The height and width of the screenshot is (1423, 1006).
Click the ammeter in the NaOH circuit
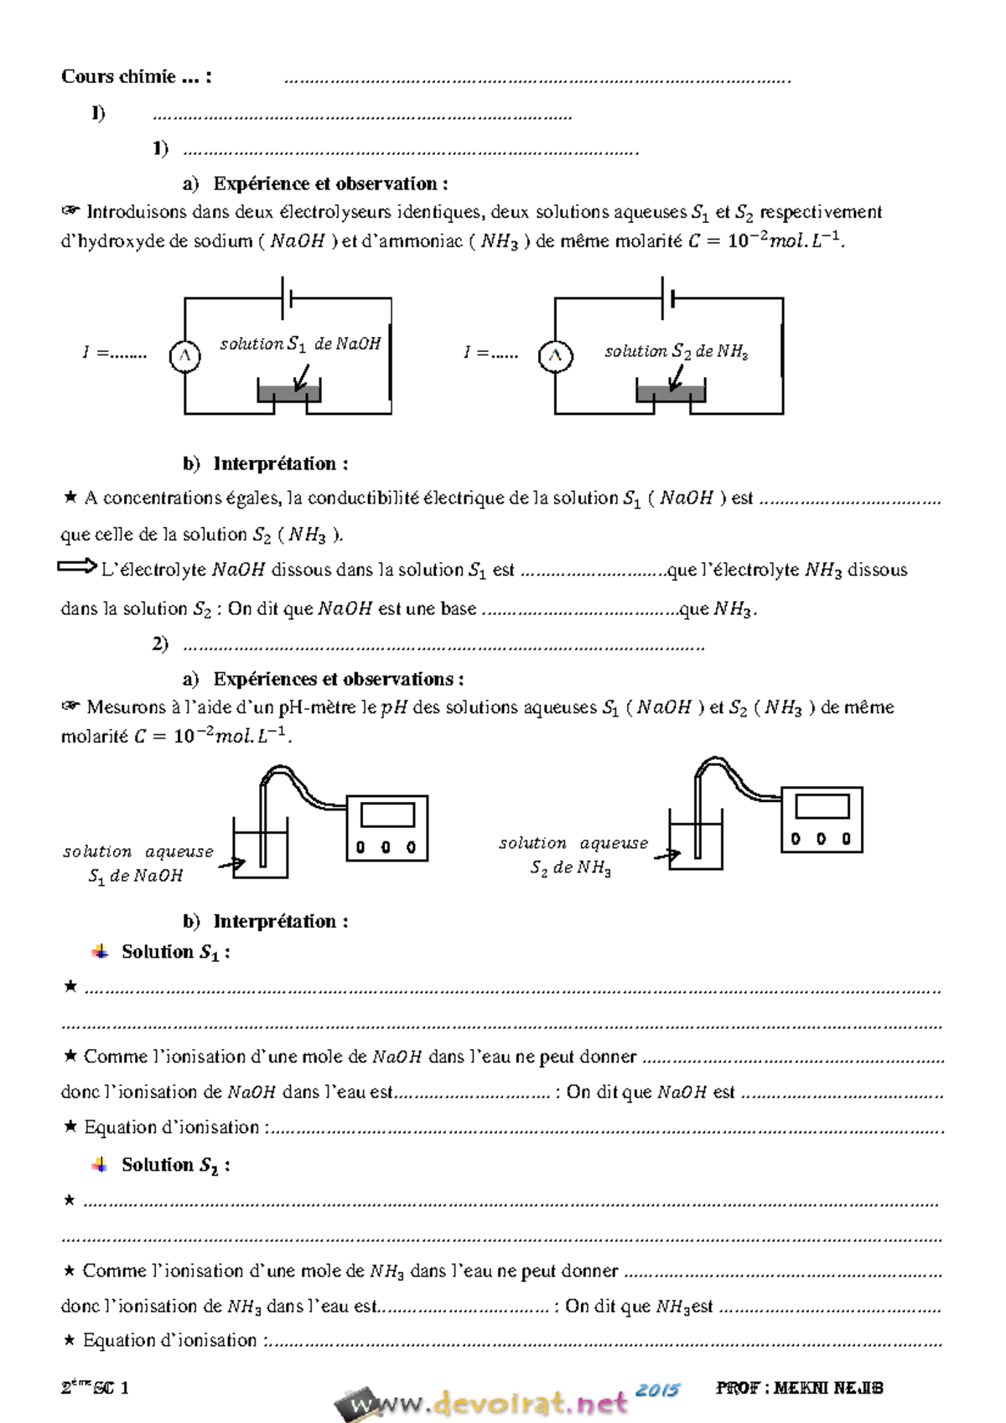pos(184,356)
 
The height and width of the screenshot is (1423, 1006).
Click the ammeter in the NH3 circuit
pos(555,356)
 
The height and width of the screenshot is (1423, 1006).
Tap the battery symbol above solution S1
pos(286,298)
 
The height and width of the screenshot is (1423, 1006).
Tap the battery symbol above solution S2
pos(667,298)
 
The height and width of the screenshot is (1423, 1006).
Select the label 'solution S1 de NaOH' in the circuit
pos(300,344)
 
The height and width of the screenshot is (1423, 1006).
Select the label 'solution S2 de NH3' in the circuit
pos(676,351)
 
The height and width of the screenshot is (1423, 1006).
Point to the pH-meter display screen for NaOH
pos(387,815)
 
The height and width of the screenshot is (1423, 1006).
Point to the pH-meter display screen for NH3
pos(822,806)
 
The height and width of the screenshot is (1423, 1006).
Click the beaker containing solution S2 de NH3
pos(696,846)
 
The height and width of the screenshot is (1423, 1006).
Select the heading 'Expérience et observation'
pos(330,184)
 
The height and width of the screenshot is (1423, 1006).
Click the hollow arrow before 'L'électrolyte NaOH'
pos(77,567)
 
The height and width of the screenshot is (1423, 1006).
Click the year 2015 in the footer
pos(656,1390)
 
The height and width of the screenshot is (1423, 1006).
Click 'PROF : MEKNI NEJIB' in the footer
pos(799,1388)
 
